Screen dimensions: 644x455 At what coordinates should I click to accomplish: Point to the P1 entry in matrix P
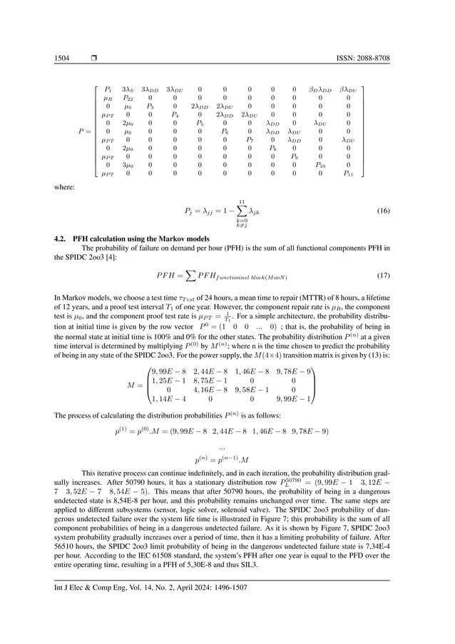[x=108, y=89]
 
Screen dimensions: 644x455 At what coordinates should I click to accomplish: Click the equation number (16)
[x=383, y=212]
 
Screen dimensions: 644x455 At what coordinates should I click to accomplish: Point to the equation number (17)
[x=383, y=275]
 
